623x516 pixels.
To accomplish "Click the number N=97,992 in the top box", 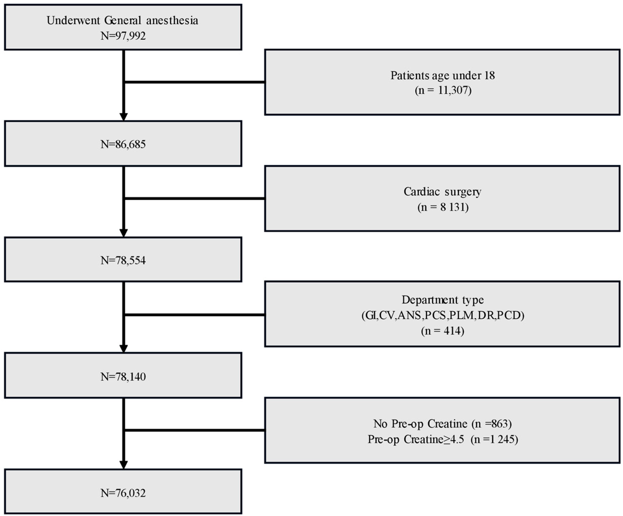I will (x=123, y=36).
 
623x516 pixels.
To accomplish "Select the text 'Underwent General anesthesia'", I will (x=122, y=21).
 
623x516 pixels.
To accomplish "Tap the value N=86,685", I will (x=123, y=144).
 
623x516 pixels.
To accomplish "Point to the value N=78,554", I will (x=123, y=260).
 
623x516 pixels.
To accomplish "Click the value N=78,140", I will (x=123, y=377).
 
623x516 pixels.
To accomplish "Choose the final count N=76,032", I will (x=123, y=493).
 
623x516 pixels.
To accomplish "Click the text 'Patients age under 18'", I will (x=442, y=75).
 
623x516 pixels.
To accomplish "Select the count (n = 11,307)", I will (x=443, y=90).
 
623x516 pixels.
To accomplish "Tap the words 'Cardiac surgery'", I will (x=442, y=192).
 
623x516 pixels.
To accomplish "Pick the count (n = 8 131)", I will (x=443, y=207).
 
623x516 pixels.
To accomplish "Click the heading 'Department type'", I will (x=443, y=300).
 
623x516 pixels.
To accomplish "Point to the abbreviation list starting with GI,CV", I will (x=443, y=315).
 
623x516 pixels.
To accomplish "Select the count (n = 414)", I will (x=443, y=331).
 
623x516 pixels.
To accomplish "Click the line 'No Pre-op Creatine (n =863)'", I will (x=442, y=424).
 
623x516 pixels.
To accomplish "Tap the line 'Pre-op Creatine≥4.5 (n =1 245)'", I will (x=443, y=439).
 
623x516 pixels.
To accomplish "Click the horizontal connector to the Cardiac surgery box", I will (x=194, y=198).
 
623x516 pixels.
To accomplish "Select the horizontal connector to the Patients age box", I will (x=194, y=82).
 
